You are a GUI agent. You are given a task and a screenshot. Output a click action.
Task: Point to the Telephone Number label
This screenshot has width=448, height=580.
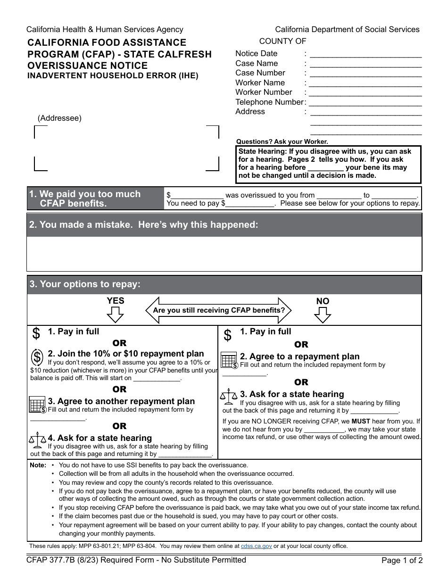pyautogui.click(x=269, y=102)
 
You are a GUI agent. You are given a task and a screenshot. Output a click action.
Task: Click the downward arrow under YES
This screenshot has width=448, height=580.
pyautogui.click(x=115, y=314)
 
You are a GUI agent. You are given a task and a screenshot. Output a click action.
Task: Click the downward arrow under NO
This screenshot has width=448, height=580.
pyautogui.click(x=323, y=315)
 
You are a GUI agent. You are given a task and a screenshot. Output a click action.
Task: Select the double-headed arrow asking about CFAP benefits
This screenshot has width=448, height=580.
pyautogui.click(x=219, y=310)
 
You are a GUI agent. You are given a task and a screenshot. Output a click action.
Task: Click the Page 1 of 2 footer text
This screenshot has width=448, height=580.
pyautogui.click(x=402, y=561)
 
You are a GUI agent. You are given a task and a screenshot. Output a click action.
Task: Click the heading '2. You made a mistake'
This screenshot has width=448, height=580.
pyautogui.click(x=143, y=225)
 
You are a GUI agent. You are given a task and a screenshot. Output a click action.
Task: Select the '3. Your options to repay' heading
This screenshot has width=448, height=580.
pyautogui.click(x=85, y=284)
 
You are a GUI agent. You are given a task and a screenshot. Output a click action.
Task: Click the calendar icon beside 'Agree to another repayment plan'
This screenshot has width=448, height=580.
pyautogui.click(x=38, y=405)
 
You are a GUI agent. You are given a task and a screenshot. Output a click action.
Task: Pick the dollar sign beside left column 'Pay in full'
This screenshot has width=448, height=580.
pyautogui.click(x=36, y=333)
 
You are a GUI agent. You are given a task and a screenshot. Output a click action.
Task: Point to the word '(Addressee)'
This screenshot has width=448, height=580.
pyautogui.click(x=59, y=118)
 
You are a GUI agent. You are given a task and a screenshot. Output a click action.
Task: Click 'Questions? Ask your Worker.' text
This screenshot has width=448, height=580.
pyautogui.click(x=282, y=141)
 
